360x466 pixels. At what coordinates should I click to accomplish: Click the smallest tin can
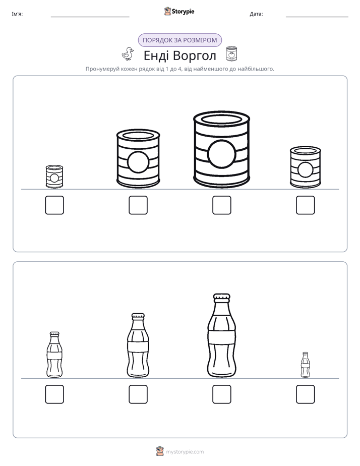coord(54,177)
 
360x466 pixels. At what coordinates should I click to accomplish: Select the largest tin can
coord(221,150)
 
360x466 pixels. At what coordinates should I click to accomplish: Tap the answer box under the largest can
coord(221,205)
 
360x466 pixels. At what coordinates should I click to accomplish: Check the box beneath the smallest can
coord(54,205)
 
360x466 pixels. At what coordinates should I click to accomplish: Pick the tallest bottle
coord(221,335)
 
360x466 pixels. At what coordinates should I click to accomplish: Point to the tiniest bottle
coord(306,365)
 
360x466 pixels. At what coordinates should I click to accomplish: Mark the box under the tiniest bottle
coord(306,394)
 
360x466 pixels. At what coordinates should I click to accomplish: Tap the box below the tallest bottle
coord(221,394)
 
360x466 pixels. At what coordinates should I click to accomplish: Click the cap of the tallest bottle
coord(221,297)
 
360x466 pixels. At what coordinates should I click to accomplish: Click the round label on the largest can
coord(221,154)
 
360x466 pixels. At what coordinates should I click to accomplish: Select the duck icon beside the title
coord(128,54)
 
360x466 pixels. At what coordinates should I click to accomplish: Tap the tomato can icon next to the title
coord(231,54)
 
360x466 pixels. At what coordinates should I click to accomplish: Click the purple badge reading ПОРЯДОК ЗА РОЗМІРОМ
coord(179,40)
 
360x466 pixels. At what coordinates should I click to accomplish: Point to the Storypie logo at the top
coord(179,11)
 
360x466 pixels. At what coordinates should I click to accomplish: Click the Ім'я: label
coord(17,14)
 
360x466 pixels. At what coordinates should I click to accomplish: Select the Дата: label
coord(256,14)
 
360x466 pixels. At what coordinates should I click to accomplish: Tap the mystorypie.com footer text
coord(185,452)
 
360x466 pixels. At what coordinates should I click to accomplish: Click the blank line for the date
coord(317,17)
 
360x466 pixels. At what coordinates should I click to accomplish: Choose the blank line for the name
coord(90,17)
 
